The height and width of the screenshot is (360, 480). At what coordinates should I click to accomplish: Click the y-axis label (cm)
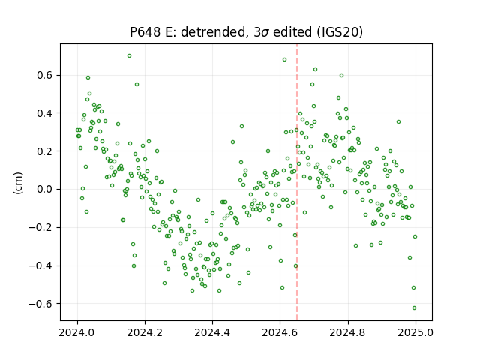click(x=18, y=183)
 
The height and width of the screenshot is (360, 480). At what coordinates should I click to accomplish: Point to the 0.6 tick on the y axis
click(x=46, y=75)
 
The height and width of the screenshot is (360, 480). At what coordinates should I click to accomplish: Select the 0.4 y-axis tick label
click(x=46, y=113)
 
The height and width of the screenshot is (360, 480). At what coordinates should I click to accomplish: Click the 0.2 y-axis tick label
click(x=46, y=151)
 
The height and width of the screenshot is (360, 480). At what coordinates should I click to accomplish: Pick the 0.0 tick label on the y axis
click(x=46, y=190)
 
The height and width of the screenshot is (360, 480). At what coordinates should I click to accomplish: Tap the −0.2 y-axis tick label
click(x=41, y=228)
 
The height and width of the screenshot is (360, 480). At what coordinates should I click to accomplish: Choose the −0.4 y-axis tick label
click(x=41, y=265)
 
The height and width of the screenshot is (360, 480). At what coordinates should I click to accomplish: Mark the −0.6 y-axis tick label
click(x=41, y=304)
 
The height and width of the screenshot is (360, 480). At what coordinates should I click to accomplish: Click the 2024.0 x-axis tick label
click(x=77, y=332)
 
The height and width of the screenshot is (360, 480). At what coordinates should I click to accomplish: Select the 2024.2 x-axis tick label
click(x=145, y=332)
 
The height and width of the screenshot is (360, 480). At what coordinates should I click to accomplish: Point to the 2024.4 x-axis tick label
click(x=212, y=332)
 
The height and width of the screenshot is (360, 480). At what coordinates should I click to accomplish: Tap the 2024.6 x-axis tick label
click(x=280, y=332)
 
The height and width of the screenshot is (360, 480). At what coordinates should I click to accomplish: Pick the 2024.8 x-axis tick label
click(x=348, y=332)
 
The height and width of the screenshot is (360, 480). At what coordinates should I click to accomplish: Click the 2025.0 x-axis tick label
click(x=415, y=332)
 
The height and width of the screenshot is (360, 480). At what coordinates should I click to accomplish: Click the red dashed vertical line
click(x=297, y=182)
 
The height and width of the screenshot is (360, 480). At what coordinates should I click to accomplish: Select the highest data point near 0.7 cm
click(x=130, y=56)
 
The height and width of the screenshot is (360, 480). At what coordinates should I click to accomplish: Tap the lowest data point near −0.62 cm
click(x=415, y=308)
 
